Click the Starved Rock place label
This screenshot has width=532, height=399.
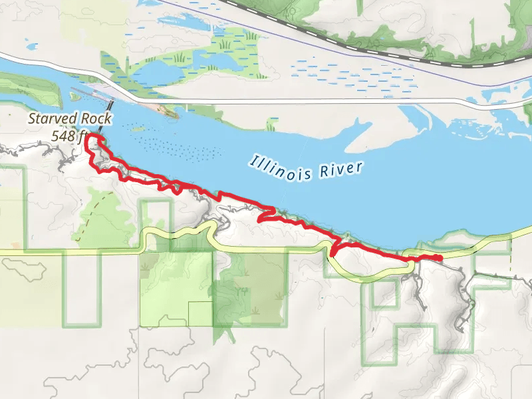(x=70, y=120)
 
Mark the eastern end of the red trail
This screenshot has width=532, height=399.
(x=440, y=258)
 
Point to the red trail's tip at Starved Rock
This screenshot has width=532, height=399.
(x=92, y=136)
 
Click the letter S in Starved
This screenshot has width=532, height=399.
(x=32, y=120)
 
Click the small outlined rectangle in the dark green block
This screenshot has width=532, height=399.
(x=200, y=314)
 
